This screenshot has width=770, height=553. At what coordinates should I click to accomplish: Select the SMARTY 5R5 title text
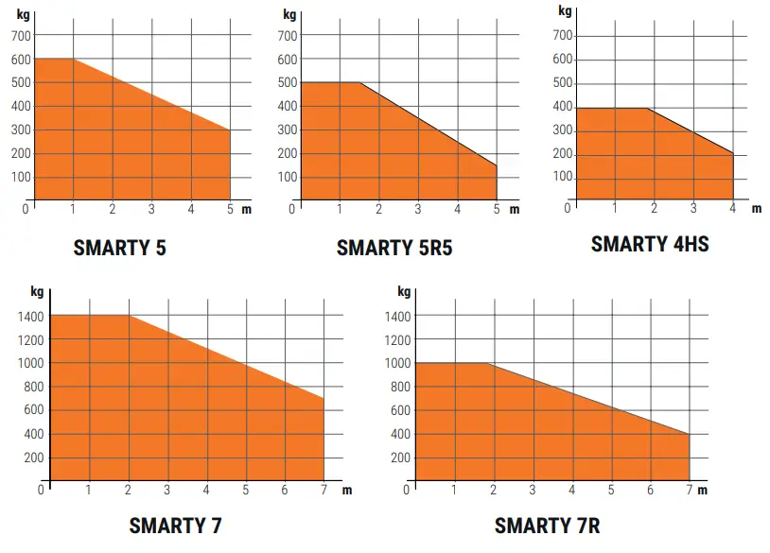pos(394,249)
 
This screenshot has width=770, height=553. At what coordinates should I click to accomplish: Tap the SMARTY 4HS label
pos(650,244)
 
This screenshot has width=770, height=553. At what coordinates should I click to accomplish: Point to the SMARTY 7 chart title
pos(175,525)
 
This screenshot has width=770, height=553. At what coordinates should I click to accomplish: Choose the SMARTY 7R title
pos(547,525)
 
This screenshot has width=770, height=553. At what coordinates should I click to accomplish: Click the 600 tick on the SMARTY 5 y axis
pos(22,59)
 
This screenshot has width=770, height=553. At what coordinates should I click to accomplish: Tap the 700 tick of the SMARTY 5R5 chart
pos(287,36)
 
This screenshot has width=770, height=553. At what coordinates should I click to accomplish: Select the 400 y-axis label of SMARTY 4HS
pos(563,107)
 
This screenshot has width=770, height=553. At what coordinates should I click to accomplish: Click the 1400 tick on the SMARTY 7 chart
pos(31,316)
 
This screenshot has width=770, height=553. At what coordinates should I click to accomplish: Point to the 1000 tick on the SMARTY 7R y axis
pos(397,363)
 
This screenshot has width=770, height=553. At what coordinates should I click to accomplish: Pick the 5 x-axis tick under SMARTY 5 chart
pos(230,209)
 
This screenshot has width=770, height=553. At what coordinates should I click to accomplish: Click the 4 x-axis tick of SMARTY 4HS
pos(732,208)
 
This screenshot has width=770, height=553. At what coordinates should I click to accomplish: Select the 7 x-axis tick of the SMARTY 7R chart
pos(689,490)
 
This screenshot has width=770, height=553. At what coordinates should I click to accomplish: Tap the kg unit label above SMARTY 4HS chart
pos(565,11)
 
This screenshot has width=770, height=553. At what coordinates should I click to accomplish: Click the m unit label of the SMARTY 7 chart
pos(347,490)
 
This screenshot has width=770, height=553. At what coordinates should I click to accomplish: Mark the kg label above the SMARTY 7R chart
pos(404,291)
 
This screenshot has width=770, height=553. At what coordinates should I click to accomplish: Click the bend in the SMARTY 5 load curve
pos(73,59)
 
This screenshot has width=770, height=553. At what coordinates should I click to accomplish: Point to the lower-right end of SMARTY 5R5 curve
pos(497,165)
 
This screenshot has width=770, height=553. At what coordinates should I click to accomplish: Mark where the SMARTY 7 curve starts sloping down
pos(129,315)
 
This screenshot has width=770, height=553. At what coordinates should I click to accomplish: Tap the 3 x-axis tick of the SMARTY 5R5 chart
pos(418,209)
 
